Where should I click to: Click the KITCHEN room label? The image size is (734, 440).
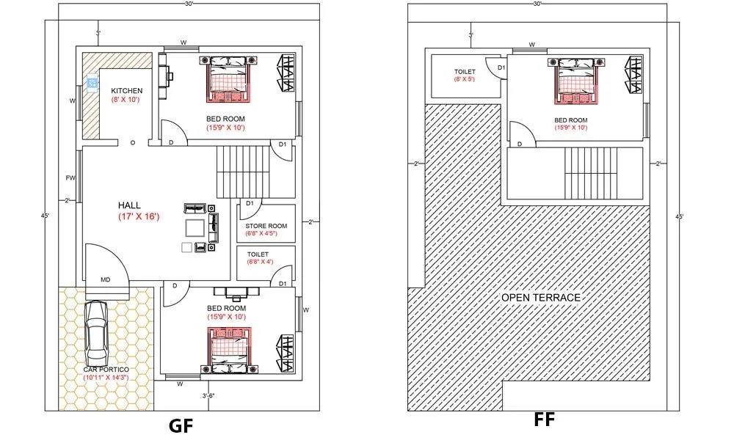point(126,91)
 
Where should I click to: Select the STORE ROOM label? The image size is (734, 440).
point(266,226)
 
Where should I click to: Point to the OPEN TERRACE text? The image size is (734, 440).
point(541,297)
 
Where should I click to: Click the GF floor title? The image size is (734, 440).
point(181,425)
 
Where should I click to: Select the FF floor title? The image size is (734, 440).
point(545,419)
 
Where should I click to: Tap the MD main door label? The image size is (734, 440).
point(106,280)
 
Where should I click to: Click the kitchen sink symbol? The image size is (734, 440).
point(92,82)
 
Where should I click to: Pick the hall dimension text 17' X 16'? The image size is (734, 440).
point(138,217)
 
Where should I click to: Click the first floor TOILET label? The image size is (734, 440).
point(465,71)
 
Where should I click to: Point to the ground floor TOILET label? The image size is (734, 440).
point(259,254)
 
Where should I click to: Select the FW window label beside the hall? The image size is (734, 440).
point(70,178)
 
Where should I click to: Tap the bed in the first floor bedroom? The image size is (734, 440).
point(576,81)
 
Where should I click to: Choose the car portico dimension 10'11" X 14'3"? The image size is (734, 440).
point(95,377)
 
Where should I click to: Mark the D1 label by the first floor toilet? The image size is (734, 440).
point(501,68)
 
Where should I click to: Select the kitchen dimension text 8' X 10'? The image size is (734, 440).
point(126,99)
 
